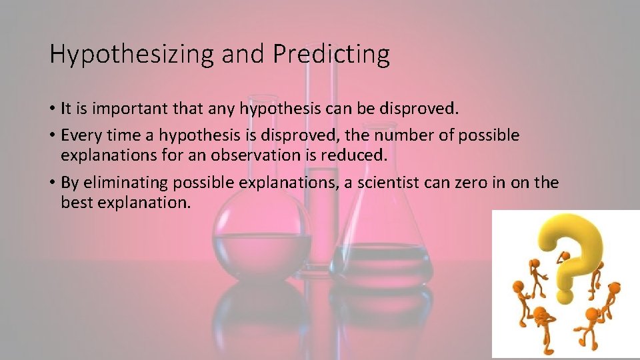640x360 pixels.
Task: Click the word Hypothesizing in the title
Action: (132, 55)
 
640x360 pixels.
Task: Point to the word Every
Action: (79, 135)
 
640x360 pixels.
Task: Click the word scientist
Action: (390, 183)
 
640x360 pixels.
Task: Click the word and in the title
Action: (243, 55)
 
